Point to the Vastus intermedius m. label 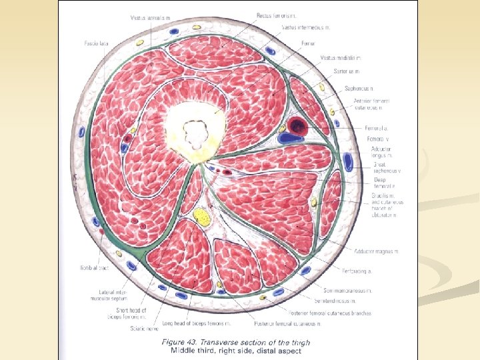(x=306, y=28)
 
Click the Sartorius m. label (x=347, y=71)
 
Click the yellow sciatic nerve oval (x=201, y=215)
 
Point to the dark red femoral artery (x=297, y=125)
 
